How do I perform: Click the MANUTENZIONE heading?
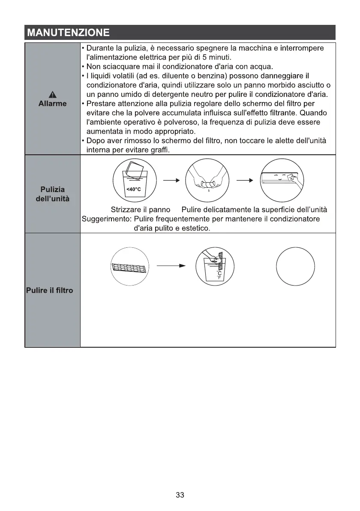68,33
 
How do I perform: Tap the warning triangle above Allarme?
53,95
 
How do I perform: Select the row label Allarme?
53,104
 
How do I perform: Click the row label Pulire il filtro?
50,290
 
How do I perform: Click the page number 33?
180,495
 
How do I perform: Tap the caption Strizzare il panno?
141,210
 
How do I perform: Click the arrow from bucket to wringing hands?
170,180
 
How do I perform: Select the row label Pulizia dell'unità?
52,194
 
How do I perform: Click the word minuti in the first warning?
221,57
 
